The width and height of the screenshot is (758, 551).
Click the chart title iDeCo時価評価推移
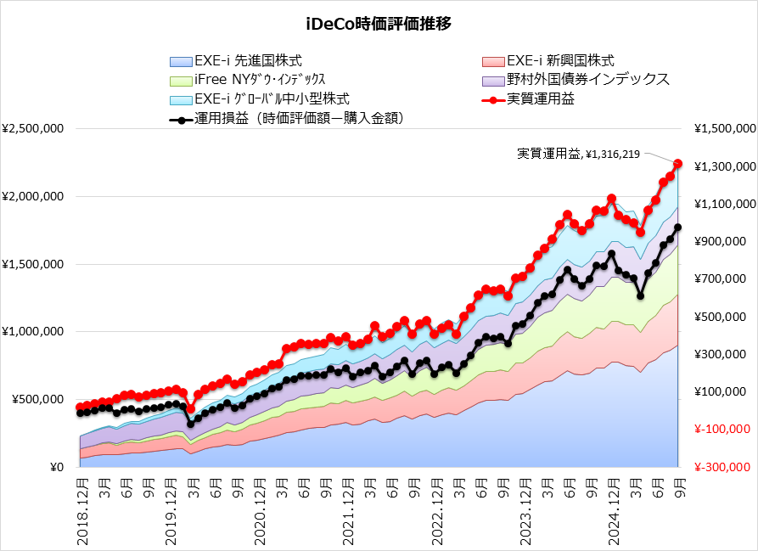click(x=379, y=23)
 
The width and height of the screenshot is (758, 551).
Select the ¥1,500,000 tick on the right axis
click(x=724, y=129)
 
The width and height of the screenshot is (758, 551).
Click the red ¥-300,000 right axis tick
click(x=724, y=467)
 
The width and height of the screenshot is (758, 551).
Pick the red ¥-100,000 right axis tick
click(x=724, y=430)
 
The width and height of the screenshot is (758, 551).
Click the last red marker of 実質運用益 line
click(x=677, y=163)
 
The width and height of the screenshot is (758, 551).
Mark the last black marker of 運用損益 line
click(x=677, y=228)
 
